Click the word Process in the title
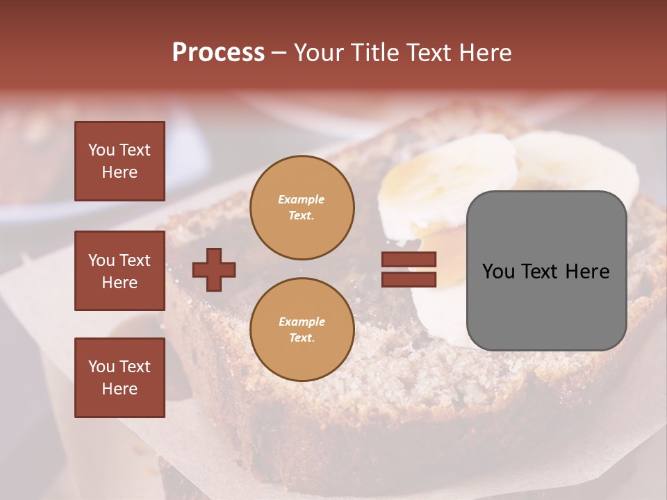218,53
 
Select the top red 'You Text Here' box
120,161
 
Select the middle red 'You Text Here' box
120,271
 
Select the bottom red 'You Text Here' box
120,377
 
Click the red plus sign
214,269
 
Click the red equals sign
409,269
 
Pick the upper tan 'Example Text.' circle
302,207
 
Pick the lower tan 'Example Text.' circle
302,329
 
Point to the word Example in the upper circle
302,199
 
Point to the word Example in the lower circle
302,322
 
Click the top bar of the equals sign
409,260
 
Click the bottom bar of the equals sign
409,279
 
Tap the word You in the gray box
499,272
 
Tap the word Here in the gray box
587,272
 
